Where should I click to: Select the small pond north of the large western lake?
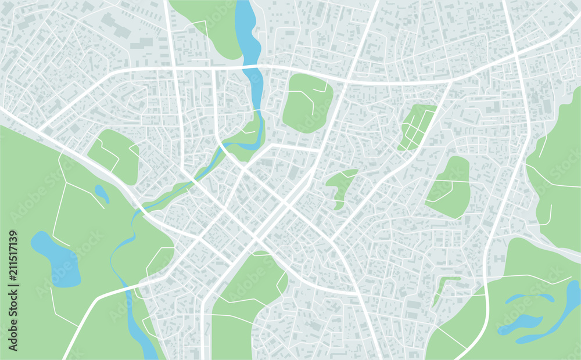point(102,193)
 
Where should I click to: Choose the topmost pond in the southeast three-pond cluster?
point(529,298)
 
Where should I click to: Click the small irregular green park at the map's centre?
point(340,186)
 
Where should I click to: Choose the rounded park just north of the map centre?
point(307,102)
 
